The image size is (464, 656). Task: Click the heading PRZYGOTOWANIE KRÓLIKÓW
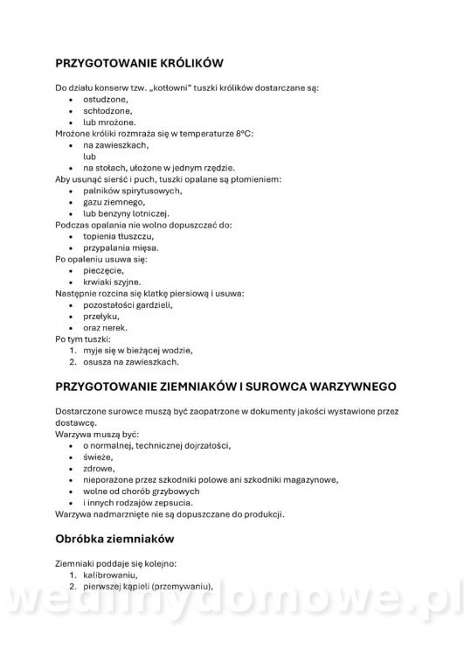[x=140, y=64]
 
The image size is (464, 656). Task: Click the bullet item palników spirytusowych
[x=132, y=191]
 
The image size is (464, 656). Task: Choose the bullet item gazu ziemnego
[x=114, y=202]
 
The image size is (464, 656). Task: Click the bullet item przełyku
[x=104, y=316]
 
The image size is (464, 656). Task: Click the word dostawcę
[x=76, y=422]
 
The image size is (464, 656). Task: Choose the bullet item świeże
[x=99, y=457]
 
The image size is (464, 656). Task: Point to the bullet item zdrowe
[x=100, y=468]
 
